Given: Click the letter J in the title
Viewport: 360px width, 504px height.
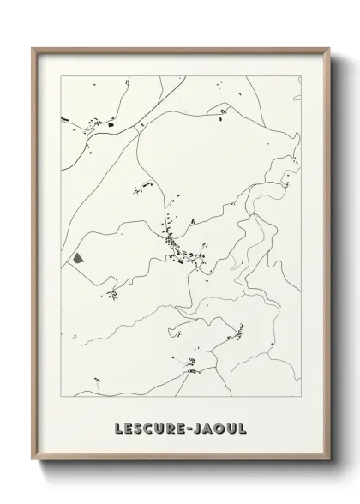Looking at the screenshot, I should coord(195,426).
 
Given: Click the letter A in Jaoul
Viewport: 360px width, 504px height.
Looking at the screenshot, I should coord(206,426).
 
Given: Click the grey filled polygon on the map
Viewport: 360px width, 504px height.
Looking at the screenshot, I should coord(79,255).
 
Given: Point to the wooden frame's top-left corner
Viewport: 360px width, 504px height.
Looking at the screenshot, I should coord(33,47).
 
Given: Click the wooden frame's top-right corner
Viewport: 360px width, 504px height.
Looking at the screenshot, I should coord(329,47).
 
